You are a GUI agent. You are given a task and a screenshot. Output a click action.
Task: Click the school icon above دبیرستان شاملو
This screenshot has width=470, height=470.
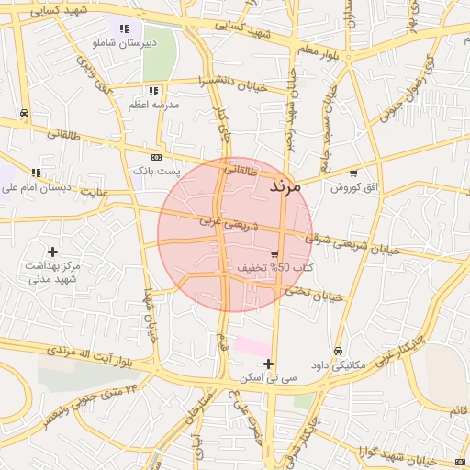point(124,28)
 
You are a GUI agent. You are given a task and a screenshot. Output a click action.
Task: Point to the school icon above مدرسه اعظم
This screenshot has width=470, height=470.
point(153,91)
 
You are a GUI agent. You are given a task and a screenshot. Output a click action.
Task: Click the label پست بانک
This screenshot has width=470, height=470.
point(157,171)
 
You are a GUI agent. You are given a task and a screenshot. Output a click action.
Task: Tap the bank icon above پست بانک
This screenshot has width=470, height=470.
point(155,157)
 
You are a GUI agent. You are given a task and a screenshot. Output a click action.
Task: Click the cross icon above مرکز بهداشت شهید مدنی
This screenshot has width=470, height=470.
point(52,252)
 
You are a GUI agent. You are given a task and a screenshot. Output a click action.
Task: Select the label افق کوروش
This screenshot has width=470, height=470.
point(354,187)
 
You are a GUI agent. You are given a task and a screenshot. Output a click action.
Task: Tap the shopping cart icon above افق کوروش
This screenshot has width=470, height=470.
point(353,173)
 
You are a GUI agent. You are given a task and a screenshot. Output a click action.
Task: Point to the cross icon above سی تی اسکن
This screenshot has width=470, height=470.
point(268,364)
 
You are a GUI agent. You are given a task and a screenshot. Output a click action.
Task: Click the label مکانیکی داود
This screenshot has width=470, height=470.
point(339,364)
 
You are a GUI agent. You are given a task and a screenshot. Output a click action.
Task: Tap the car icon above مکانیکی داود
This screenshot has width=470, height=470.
point(338,351)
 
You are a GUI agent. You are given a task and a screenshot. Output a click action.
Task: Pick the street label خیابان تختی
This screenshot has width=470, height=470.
point(313,294)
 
